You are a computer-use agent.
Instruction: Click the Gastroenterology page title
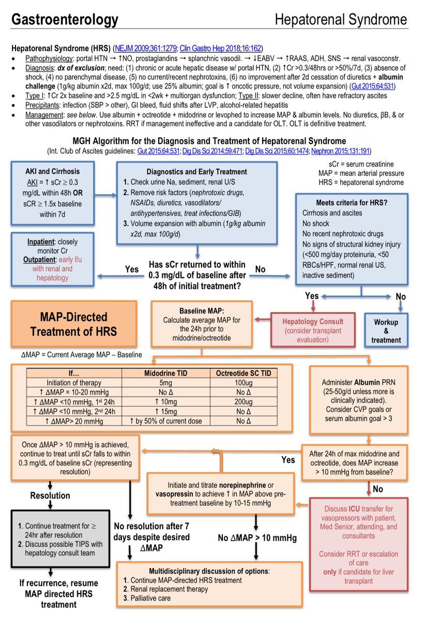65,20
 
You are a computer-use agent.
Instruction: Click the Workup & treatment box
386,331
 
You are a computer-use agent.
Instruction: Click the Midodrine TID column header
165,373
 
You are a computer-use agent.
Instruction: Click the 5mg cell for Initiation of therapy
165,382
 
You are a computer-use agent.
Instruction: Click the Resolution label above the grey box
50,495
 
